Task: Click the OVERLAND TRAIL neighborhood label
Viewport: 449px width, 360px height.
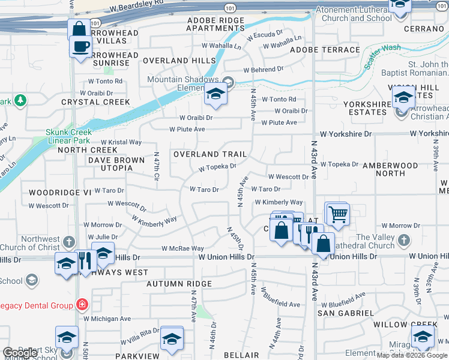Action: click(x=209, y=154)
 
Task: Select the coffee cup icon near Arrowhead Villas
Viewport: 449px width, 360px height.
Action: click(x=80, y=46)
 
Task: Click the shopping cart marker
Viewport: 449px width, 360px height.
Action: click(x=338, y=213)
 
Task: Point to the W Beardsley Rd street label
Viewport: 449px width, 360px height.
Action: click(x=137, y=7)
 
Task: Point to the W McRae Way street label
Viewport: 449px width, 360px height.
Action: click(x=182, y=248)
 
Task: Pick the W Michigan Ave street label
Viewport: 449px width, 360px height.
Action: click(x=107, y=319)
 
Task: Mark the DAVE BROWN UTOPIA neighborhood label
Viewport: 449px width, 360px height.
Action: click(x=116, y=164)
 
